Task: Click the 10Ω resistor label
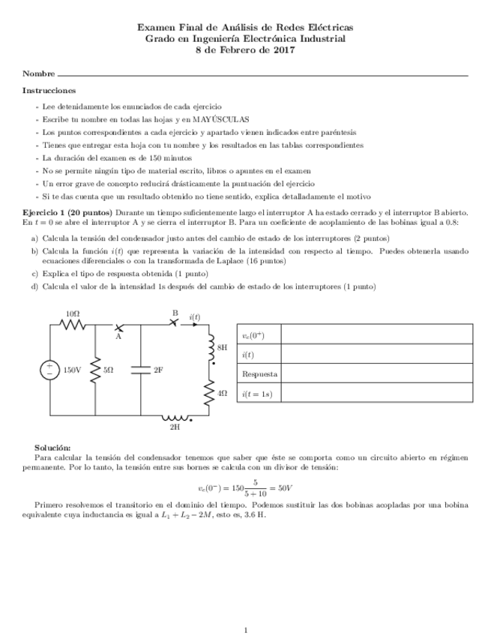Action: point(73,313)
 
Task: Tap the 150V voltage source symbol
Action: point(50,370)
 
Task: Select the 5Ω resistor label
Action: point(109,370)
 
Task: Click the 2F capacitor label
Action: point(158,370)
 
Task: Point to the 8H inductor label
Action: point(221,348)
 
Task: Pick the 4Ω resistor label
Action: point(222,392)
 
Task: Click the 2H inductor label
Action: point(175,427)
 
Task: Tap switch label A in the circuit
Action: point(118,337)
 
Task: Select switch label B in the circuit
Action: point(175,313)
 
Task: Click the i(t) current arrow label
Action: point(195,317)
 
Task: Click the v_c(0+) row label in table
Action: point(253,335)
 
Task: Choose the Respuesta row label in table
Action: point(259,373)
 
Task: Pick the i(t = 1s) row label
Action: point(257,393)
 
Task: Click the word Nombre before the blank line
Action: point(38,74)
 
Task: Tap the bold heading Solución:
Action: point(52,446)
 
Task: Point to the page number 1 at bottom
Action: point(245,608)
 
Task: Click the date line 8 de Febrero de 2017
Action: point(245,50)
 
